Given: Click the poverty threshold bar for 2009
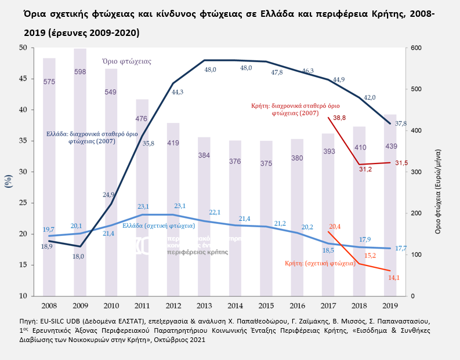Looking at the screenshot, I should (80, 174).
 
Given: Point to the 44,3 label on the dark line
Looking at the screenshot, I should (177, 92).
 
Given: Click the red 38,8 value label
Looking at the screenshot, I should (339, 118).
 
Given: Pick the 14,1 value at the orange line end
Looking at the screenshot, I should (393, 278).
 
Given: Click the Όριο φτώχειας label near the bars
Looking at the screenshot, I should (126, 60).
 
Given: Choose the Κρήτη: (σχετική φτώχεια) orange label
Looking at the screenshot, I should (320, 263).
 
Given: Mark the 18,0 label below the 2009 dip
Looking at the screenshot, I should (78, 256).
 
